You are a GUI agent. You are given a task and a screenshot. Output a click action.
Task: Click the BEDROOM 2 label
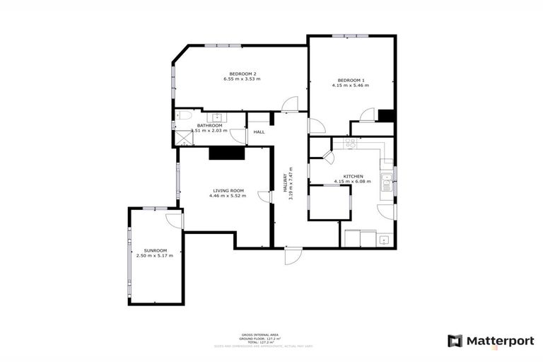(243, 74)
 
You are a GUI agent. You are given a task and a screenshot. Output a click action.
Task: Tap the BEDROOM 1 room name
(350, 80)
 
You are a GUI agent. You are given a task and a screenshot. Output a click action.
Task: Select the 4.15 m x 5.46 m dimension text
(350, 86)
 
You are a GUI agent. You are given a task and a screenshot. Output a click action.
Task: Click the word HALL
(259, 132)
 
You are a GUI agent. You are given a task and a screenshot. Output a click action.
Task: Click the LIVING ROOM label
(228, 190)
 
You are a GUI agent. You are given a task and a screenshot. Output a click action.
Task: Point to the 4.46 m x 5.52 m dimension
(228, 196)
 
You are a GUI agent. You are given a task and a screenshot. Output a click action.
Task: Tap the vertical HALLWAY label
(286, 188)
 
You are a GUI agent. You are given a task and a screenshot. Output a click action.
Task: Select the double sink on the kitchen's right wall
(386, 183)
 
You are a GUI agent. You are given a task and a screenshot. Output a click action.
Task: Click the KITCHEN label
(353, 176)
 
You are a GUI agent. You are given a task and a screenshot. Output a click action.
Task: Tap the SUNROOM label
(155, 250)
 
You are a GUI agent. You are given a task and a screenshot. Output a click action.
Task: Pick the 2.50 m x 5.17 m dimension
(155, 256)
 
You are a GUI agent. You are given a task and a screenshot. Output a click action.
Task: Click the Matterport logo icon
(456, 341)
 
